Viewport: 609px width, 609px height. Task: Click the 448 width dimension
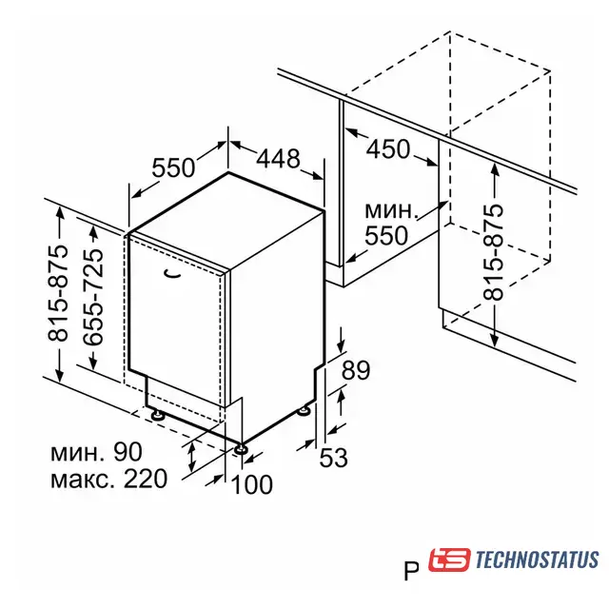(278, 159)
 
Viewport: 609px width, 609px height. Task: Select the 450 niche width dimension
(388, 148)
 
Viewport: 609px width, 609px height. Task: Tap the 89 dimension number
(355, 370)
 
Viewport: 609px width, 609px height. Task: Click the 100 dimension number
(251, 484)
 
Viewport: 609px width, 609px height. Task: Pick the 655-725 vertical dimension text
(93, 297)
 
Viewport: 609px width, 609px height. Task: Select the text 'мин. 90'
(96, 452)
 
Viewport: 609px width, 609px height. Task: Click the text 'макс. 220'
(109, 479)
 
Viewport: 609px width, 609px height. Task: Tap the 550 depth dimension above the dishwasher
(173, 167)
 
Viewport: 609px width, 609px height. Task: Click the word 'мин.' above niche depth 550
(391, 210)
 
